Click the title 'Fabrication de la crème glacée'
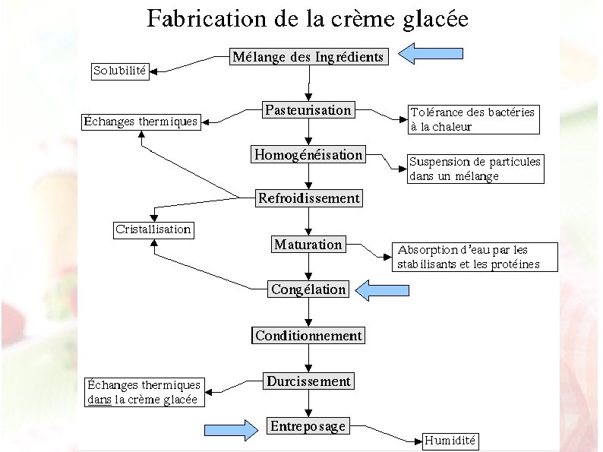pos(308,18)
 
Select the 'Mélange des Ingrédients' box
pos(308,57)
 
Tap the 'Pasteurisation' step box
pos(308,110)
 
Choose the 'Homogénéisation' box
pos(308,155)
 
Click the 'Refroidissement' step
pos(308,199)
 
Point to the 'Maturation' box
pos(308,245)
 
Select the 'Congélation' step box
pos(308,289)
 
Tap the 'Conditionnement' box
pos(308,336)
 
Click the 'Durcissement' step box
pos(308,381)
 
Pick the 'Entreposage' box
pos(308,426)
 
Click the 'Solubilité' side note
pos(120,71)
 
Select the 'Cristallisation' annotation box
pos(153,229)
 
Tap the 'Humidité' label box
pos(450,441)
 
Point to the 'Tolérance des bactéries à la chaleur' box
pos(473,119)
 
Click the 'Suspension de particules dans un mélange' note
pos(475,169)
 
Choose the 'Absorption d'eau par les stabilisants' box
pos(475,257)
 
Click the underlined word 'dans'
pos(99,400)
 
